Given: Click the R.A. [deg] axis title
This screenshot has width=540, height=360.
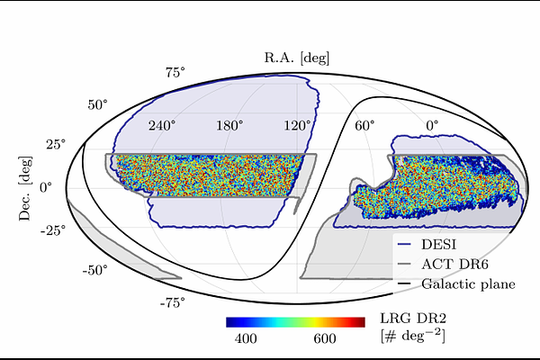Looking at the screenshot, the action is [297, 58].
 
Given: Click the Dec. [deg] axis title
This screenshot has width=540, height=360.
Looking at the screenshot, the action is [25, 188].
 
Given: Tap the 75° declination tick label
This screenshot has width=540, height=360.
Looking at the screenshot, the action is [175, 73].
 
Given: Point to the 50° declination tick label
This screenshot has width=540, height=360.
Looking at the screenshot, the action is [97, 104].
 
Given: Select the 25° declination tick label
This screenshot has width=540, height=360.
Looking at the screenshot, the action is [56, 144].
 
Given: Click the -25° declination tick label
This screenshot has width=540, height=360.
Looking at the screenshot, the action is [53, 230].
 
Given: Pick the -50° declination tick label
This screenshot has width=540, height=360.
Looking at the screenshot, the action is [94, 270].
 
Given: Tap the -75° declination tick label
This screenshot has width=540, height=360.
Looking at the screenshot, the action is [172, 302].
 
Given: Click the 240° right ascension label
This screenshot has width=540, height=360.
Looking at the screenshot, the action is [162, 126].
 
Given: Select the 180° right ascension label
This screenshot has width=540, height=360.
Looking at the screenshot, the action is [229, 126].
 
